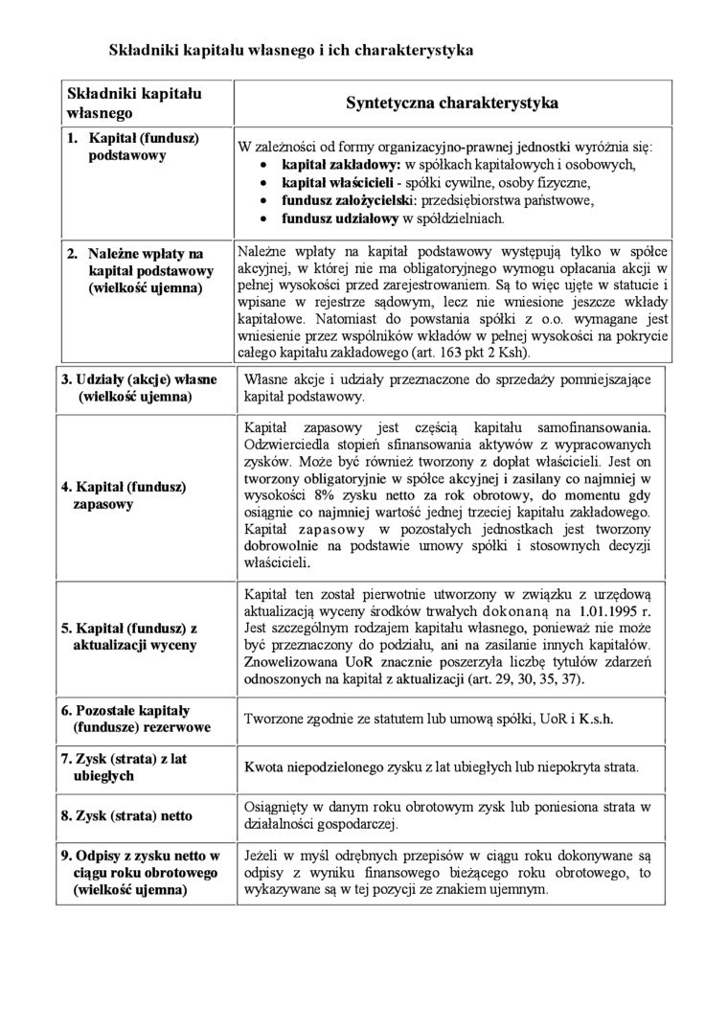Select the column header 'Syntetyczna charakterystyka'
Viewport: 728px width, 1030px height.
point(452,102)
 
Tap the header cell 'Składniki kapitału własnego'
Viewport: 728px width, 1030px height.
point(133,102)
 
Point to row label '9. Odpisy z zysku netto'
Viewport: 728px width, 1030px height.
point(139,872)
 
